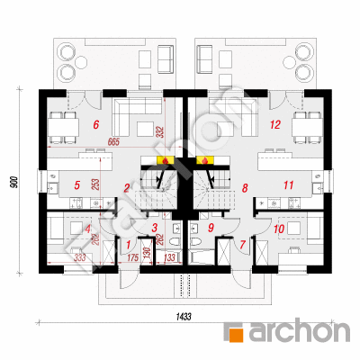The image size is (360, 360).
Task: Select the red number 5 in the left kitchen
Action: (77, 185)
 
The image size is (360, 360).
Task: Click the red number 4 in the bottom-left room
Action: (88, 229)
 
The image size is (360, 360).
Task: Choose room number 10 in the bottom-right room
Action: (279, 229)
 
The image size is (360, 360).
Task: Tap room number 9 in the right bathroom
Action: (210, 229)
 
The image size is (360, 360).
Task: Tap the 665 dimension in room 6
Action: (112, 141)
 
